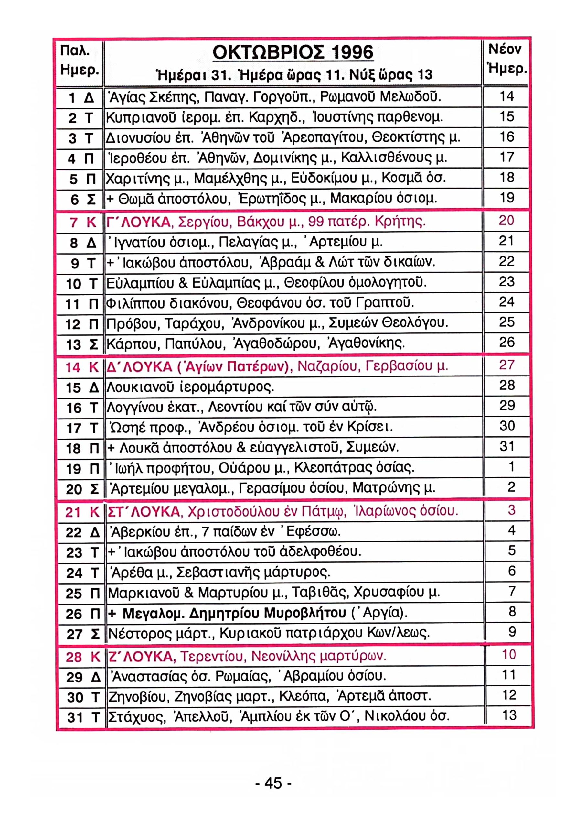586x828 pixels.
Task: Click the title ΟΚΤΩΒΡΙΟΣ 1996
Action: pos(293,53)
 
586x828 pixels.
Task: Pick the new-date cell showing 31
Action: pos(506,447)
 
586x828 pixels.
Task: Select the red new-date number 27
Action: pos(506,365)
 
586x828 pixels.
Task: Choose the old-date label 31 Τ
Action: pos(83,717)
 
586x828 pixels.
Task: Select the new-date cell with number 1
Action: pos(511,467)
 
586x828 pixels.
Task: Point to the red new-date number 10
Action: pos(509,654)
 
